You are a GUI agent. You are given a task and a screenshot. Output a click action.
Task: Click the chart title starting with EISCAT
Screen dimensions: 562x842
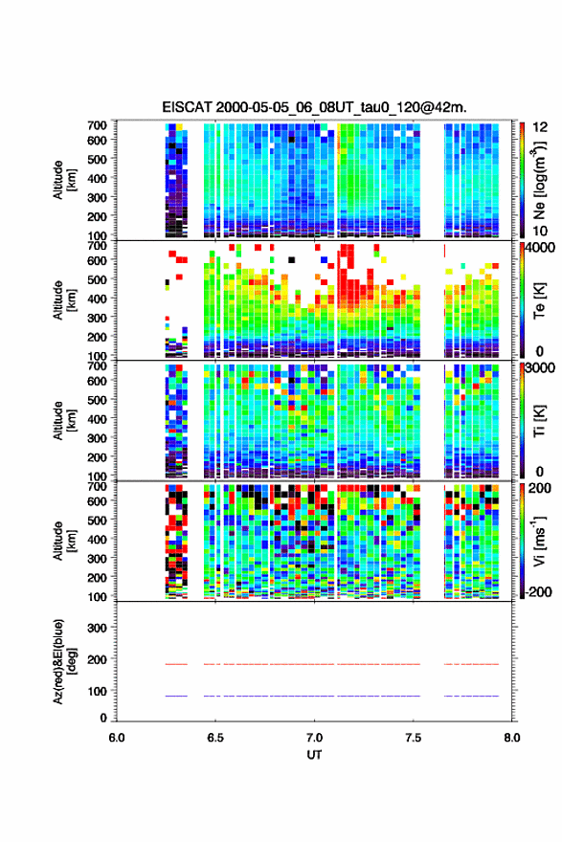(x=314, y=107)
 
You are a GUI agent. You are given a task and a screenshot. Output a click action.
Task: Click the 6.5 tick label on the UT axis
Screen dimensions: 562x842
(x=215, y=738)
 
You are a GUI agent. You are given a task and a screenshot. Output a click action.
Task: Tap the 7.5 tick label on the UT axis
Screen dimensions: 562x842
(x=413, y=738)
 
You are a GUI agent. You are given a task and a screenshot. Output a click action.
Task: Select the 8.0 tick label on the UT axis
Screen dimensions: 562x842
(x=511, y=738)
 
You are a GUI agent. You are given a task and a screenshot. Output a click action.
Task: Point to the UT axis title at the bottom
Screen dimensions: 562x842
(x=314, y=755)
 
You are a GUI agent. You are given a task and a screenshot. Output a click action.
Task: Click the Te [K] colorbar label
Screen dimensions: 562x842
(x=539, y=300)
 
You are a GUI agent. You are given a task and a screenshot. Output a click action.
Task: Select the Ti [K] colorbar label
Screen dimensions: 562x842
(x=539, y=421)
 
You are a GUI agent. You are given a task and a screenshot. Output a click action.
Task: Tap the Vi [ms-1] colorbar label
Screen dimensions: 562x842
(x=539, y=542)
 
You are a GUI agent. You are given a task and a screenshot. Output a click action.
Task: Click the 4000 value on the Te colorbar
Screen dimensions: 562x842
(x=541, y=248)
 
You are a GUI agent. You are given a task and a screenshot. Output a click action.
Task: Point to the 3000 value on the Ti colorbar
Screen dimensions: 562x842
(x=541, y=367)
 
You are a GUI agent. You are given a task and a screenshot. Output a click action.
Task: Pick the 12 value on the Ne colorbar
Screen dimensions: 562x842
(x=540, y=127)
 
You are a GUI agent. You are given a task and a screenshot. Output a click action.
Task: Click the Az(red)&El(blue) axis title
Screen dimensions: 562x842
(x=64, y=661)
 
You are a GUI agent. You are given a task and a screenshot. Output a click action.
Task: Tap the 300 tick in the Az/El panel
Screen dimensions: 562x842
(x=97, y=628)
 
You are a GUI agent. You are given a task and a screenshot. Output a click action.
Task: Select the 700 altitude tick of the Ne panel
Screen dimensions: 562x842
(x=97, y=125)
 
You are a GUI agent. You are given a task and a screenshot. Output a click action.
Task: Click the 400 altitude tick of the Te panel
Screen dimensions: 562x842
(x=97, y=299)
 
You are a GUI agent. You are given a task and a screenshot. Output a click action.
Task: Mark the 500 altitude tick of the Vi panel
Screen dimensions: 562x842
(x=97, y=520)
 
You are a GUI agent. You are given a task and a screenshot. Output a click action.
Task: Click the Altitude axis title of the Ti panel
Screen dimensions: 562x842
(x=64, y=421)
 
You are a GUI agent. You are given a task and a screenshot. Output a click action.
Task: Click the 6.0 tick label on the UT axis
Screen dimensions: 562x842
(x=117, y=738)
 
